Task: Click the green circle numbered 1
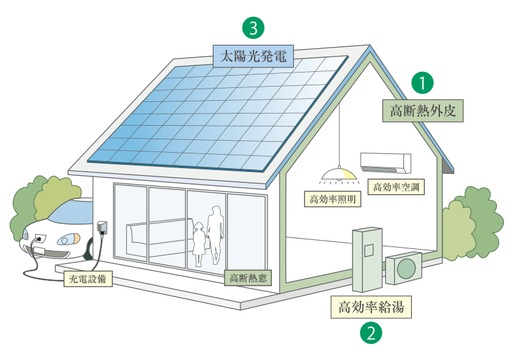423,83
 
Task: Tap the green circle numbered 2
371,333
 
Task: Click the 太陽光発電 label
253,56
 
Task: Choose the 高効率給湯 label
371,307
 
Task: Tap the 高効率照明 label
332,199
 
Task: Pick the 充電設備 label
89,279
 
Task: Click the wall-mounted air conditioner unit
386,162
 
